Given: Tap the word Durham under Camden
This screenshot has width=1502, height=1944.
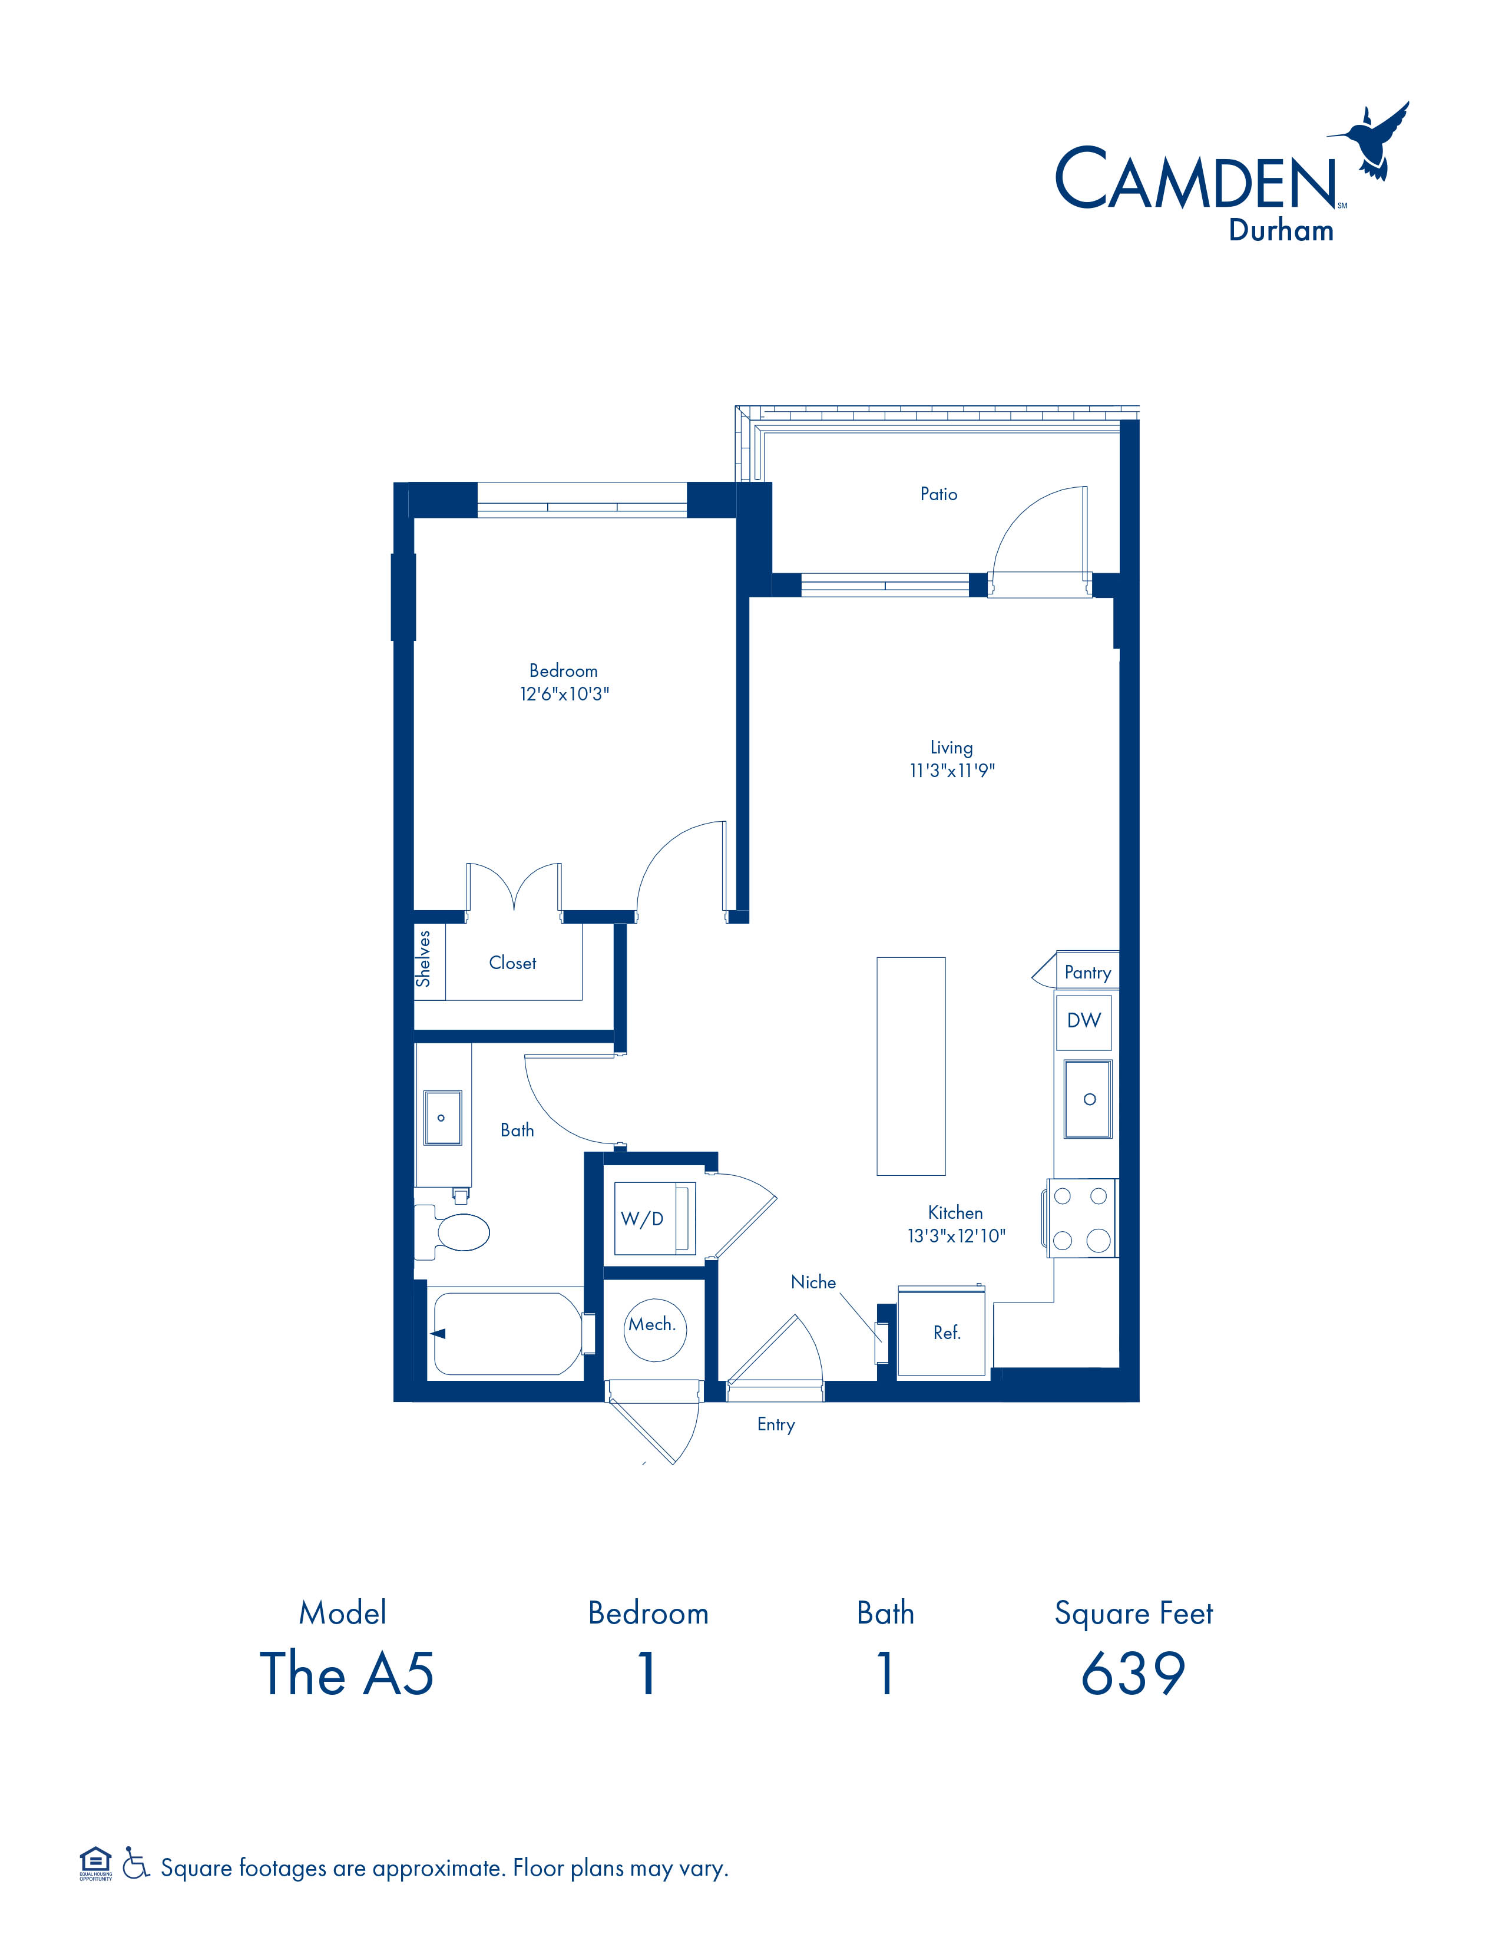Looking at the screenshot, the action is tap(1281, 230).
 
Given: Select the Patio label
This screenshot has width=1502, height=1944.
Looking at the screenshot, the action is tap(939, 494).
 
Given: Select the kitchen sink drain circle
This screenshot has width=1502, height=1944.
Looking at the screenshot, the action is tap(1089, 1099).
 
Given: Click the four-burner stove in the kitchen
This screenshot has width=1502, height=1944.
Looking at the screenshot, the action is tap(1081, 1218).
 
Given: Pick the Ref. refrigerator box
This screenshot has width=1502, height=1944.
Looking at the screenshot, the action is tap(944, 1333).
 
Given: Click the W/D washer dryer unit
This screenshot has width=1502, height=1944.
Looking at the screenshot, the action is tap(654, 1219).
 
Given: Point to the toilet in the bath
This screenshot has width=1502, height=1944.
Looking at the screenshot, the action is tap(453, 1233).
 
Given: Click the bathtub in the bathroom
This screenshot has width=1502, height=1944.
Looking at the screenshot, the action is tap(507, 1333).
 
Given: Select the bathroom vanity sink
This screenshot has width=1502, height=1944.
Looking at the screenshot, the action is tap(442, 1117).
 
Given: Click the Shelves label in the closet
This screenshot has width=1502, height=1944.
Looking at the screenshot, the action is tap(424, 958).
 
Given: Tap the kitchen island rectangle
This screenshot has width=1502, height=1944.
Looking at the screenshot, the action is tap(911, 1066).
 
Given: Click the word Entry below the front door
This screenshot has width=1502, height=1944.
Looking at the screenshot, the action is tap(776, 1425).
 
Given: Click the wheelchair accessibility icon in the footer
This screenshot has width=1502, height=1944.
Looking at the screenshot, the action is tap(135, 1862).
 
